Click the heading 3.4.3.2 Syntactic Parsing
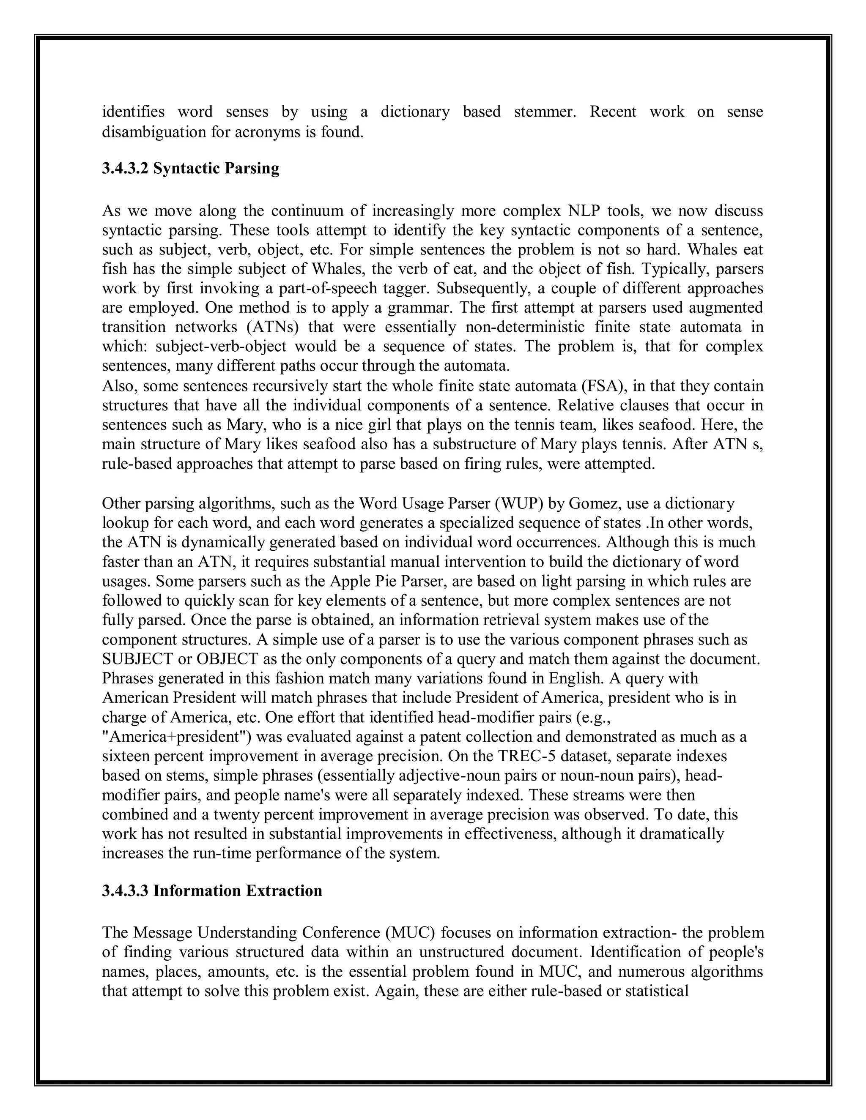(x=190, y=168)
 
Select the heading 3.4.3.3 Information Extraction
(x=212, y=890)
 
